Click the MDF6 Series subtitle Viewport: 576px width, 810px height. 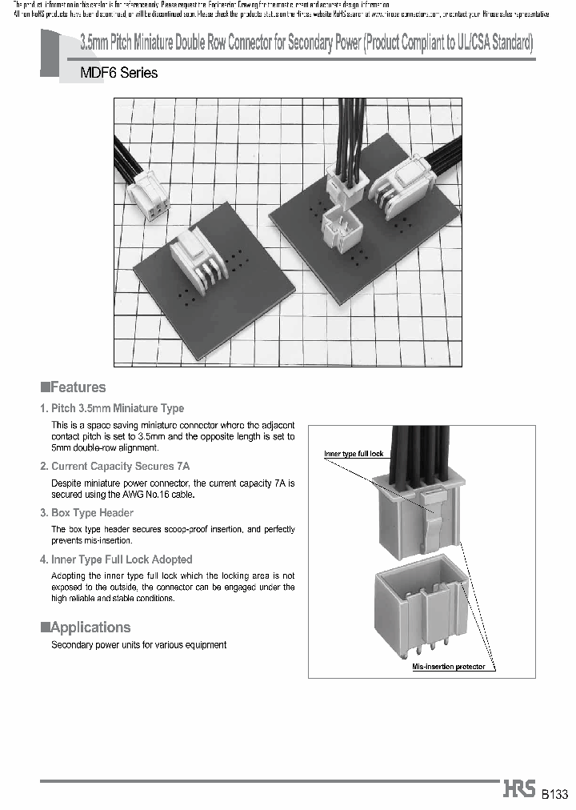point(118,73)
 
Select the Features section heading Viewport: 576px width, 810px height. point(74,387)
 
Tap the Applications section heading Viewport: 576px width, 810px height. point(86,628)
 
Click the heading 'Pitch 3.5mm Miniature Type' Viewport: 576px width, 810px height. point(112,408)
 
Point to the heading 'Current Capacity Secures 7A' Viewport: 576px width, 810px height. point(114,466)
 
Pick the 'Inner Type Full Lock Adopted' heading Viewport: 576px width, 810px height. point(116,559)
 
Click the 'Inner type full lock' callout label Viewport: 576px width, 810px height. point(354,454)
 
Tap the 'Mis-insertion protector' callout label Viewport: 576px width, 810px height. point(448,666)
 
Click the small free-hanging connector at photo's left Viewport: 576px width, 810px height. point(152,196)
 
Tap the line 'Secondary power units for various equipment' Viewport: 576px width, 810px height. point(138,644)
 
